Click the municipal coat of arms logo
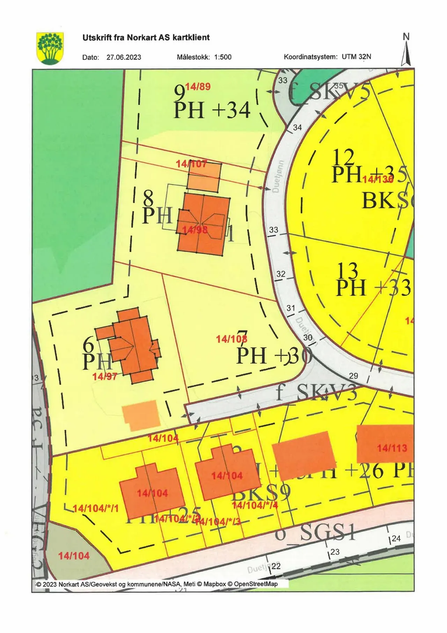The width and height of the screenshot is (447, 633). pos(50,48)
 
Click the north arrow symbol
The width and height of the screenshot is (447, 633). pos(406,51)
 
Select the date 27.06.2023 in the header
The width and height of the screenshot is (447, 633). pos(124,57)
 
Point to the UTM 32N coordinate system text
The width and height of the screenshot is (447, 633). pos(356,57)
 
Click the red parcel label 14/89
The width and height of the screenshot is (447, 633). pos(198,87)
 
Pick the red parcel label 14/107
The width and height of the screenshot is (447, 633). pos(191,163)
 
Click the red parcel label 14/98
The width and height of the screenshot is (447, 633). pos(195,229)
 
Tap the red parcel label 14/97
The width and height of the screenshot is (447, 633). pos(104,376)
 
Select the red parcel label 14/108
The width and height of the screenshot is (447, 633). pos(232,339)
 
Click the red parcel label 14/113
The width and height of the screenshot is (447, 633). pos(392,448)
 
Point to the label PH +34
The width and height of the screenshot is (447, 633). pos(212,110)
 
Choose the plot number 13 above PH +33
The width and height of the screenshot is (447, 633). pos(348,270)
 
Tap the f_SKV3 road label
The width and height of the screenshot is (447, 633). pos(316,393)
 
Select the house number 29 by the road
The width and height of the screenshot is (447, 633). pos(353,376)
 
